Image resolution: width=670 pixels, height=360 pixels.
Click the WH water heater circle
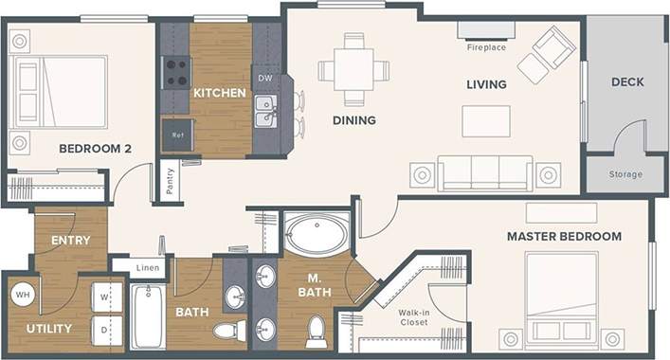[22, 294]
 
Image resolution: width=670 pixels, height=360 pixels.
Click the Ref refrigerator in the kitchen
[177, 135]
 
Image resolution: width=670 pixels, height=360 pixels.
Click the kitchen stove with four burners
[176, 72]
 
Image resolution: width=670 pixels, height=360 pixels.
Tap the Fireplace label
[486, 47]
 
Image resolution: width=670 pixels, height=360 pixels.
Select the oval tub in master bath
[317, 233]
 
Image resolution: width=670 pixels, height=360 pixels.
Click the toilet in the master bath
[317, 332]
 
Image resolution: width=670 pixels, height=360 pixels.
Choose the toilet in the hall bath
[226, 330]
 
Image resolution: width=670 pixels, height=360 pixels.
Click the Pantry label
[170, 180]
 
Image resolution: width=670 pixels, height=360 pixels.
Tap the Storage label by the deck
[625, 174]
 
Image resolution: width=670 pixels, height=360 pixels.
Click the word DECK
[626, 82]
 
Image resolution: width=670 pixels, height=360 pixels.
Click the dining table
[353, 70]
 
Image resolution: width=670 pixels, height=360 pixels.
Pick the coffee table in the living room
[485, 120]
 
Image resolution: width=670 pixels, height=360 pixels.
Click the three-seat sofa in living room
[484, 173]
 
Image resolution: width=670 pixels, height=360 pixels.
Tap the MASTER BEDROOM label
[564, 236]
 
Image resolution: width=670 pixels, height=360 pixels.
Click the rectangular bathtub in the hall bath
[148, 316]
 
